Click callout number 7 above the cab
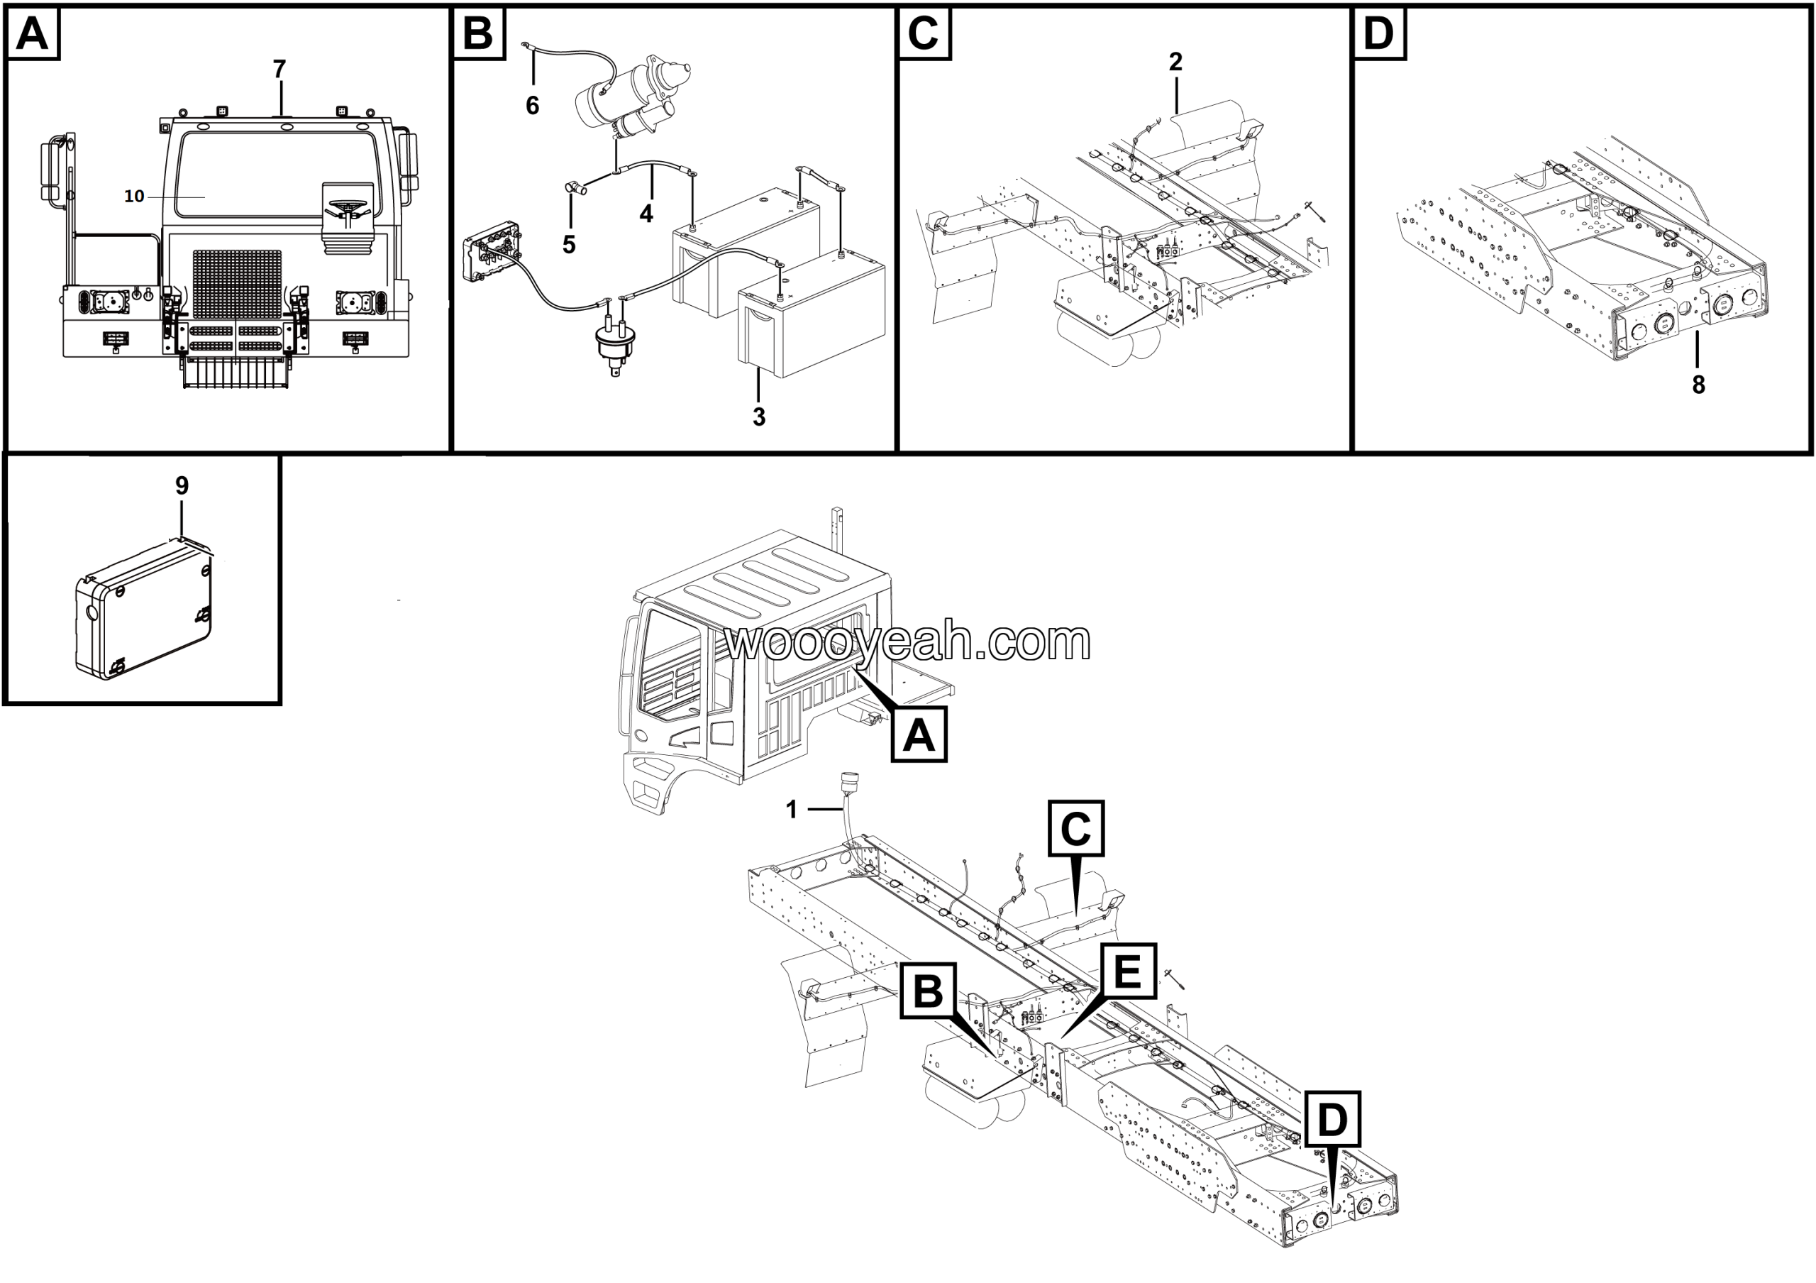(279, 70)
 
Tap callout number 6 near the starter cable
(532, 105)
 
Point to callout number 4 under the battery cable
(646, 214)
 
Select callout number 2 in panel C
(1175, 62)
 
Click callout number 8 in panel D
(1698, 385)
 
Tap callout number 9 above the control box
(182, 485)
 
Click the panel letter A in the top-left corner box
(33, 34)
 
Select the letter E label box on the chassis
(1127, 972)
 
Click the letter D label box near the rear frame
(1333, 1119)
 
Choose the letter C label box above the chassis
(1075, 828)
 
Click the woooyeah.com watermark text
(908, 641)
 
